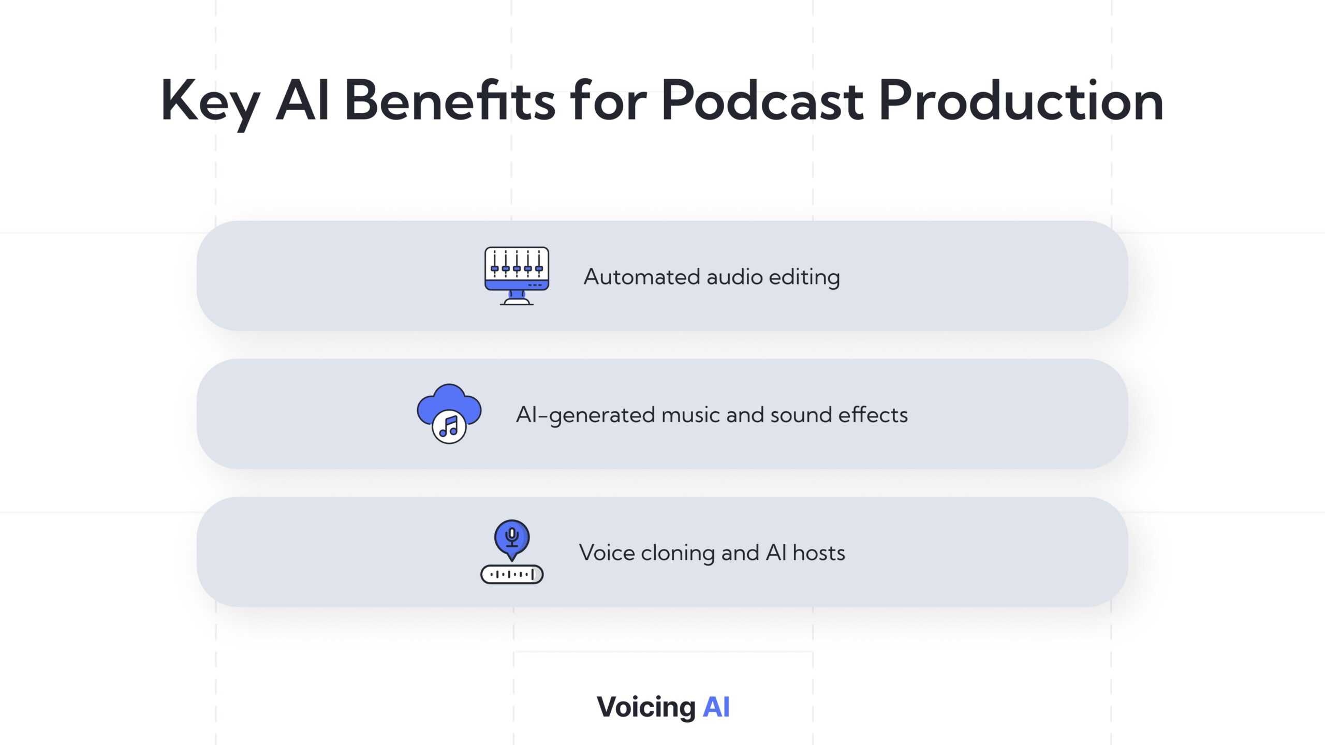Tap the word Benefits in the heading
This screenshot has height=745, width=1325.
point(450,100)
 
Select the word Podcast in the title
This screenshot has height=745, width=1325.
point(762,100)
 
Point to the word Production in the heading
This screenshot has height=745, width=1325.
point(1021,100)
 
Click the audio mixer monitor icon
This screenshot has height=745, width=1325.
point(517,276)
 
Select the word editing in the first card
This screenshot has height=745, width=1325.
point(804,278)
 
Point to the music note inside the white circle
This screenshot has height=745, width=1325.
point(449,427)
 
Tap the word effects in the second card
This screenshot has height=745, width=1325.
point(873,414)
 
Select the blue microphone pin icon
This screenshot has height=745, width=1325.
point(512,540)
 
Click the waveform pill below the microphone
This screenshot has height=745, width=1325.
point(512,574)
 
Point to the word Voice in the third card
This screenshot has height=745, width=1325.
point(607,553)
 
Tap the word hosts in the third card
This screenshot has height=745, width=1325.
point(819,553)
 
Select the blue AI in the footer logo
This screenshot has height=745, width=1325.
point(716,707)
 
